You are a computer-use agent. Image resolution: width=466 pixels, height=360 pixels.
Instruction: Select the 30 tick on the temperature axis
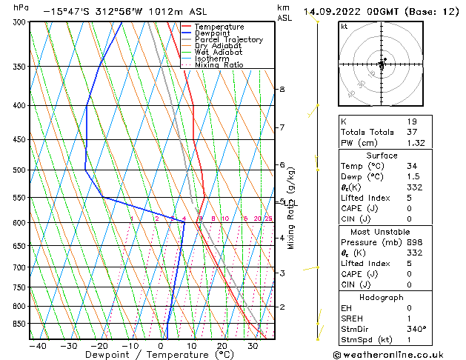point(253,345)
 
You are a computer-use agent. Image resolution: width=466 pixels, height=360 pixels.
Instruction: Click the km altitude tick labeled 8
point(282,89)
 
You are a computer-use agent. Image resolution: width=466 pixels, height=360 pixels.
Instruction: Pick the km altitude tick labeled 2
point(282,307)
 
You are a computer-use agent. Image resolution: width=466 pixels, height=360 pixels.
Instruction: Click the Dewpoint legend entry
point(212,33)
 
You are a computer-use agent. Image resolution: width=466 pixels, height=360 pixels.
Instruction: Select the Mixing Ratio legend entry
point(219,65)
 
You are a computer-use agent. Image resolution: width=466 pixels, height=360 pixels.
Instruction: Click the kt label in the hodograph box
point(344,26)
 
